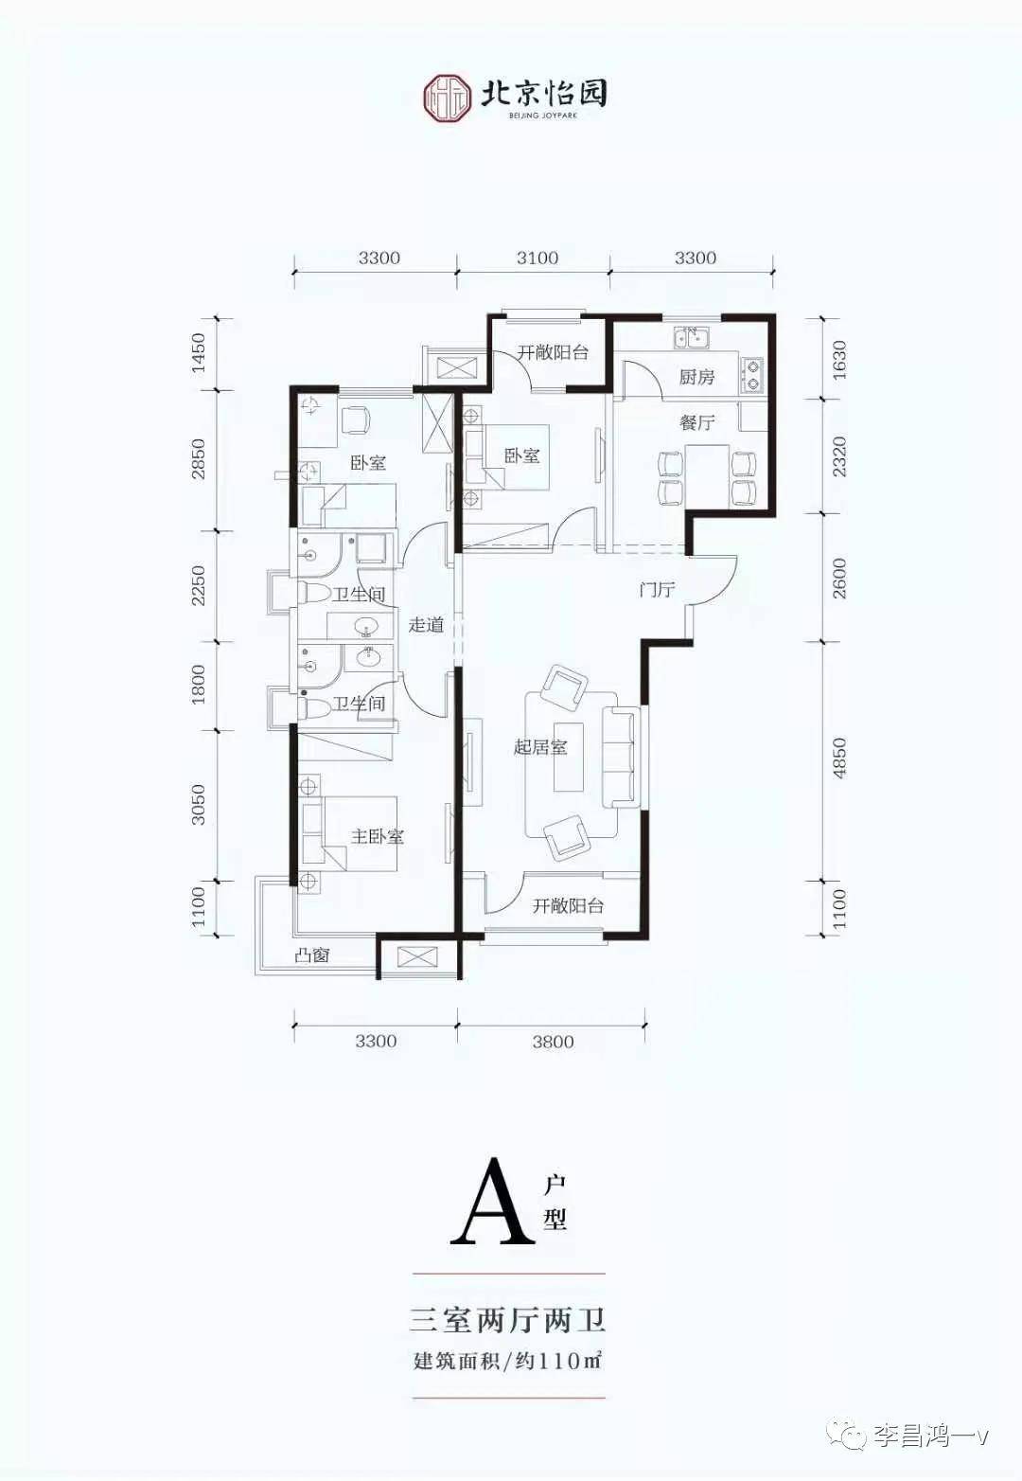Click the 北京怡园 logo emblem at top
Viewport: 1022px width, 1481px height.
447,97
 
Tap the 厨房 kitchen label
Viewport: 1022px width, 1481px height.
696,377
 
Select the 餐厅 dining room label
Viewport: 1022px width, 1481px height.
696,422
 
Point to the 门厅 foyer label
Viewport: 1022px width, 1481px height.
656,590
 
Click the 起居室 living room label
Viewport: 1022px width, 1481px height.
540,747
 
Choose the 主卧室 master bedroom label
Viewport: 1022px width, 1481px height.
378,836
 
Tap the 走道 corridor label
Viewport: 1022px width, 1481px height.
426,624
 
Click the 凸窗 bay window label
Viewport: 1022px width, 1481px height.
311,955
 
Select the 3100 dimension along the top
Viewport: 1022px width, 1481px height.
537,258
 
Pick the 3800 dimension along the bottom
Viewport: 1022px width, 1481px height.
553,1042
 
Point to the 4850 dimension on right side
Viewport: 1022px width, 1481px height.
839,758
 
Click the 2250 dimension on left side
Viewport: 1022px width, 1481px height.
198,586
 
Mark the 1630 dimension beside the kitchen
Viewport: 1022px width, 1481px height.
839,360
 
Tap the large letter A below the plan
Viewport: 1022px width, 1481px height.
491,1202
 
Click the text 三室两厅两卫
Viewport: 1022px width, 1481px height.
508,1319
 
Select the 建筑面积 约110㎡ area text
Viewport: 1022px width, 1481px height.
508,1361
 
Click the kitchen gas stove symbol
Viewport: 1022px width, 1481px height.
752,374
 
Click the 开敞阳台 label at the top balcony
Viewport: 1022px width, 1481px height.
553,352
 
